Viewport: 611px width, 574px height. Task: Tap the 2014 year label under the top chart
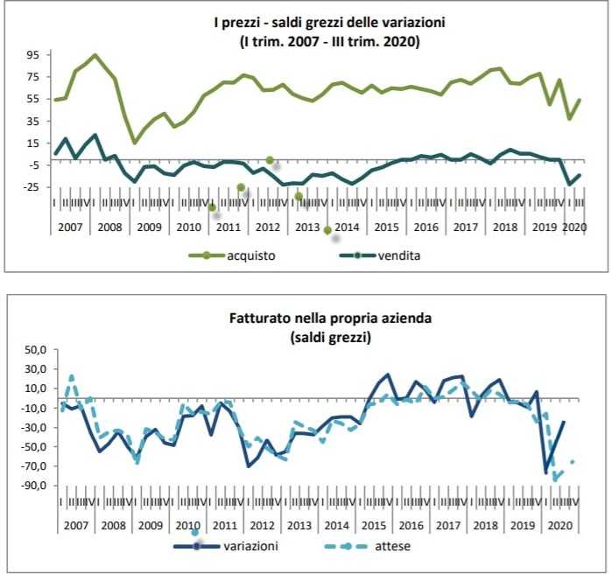click(x=347, y=227)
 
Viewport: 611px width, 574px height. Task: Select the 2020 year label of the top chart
click(x=574, y=227)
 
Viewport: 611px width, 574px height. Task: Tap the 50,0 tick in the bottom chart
click(x=32, y=350)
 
